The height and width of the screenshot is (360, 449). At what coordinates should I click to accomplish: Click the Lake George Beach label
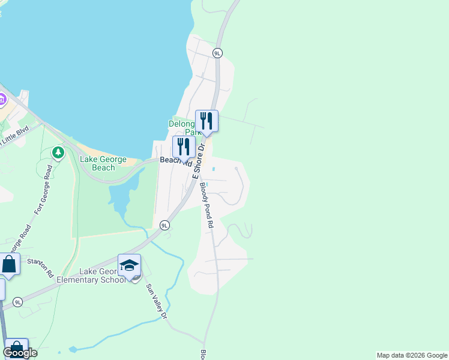tap(103, 163)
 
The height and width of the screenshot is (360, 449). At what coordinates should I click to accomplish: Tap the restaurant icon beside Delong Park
tap(206, 121)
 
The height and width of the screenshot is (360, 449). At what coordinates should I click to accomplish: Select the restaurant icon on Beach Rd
tap(184, 146)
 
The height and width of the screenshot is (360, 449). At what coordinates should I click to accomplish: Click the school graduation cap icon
tap(129, 265)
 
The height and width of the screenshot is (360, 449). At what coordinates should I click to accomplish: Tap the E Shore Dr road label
tap(199, 160)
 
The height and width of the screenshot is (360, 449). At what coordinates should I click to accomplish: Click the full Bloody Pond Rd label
tap(206, 205)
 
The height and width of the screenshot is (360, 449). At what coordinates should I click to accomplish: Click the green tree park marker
tap(58, 153)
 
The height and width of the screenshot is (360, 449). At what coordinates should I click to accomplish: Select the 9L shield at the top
tap(217, 53)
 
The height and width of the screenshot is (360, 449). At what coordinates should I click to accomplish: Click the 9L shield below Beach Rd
tap(164, 225)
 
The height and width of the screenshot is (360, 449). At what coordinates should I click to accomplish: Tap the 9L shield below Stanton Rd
tap(18, 302)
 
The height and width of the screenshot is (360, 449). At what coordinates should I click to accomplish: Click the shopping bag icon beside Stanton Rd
tap(9, 264)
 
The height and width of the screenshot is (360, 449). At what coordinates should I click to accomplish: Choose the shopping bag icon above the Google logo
tap(16, 347)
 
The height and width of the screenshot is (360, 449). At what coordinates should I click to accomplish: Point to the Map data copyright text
tap(411, 355)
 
